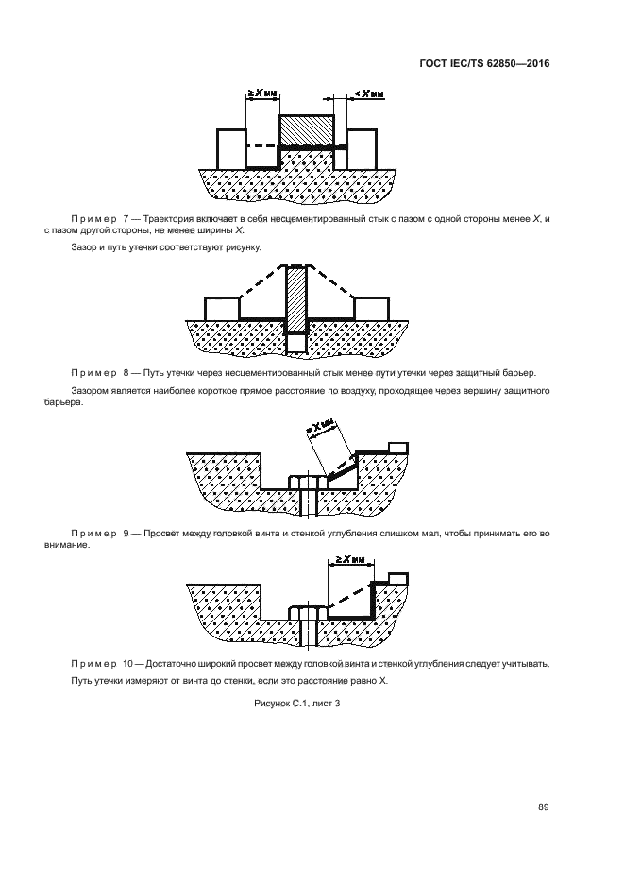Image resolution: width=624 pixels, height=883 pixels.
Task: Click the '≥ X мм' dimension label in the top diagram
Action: [x=262, y=93]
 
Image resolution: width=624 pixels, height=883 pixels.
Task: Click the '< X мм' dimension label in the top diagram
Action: [x=369, y=93]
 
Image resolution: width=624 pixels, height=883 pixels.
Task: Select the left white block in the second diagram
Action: [x=223, y=309]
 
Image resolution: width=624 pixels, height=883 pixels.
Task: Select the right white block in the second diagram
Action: [x=370, y=309]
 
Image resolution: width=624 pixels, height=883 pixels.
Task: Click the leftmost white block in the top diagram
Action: [x=231, y=147]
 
